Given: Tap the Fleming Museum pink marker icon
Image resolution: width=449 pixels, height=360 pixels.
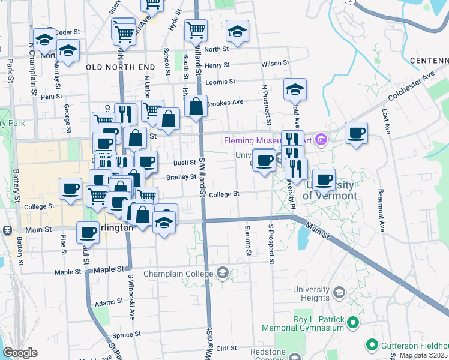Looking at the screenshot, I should pos(321,140).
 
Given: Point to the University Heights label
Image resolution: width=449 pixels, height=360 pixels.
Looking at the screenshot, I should pos(312,293).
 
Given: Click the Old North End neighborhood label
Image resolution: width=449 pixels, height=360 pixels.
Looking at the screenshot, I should pos(118,67).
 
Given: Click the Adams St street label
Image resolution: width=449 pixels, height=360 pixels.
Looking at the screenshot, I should pos(109,303).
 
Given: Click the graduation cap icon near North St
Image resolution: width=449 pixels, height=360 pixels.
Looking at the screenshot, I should pos(237,31).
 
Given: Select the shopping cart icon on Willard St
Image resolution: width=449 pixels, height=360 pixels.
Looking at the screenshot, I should pos(196,29).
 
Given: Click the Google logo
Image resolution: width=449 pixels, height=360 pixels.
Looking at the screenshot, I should pos(20,353).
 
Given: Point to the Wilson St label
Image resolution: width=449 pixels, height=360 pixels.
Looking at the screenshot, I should pos(276,62).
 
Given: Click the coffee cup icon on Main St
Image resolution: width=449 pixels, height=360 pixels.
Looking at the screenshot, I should pos(88,232).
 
